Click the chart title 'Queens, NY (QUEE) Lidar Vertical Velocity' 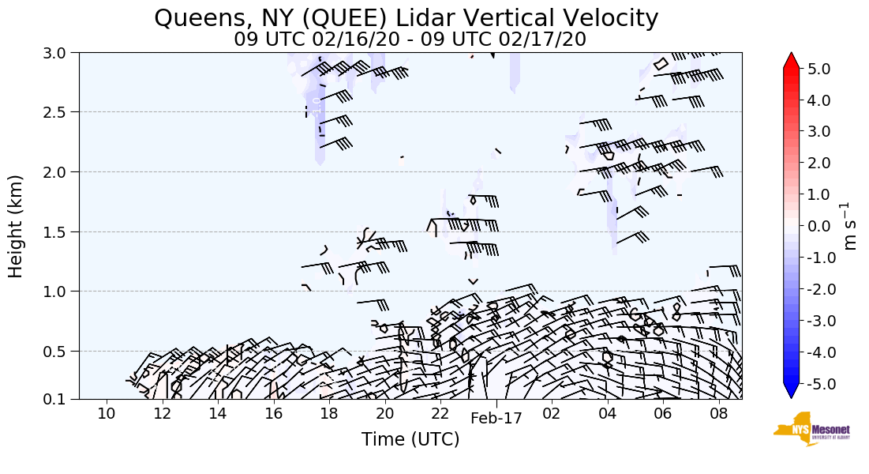point(406,17)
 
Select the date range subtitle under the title point(410,39)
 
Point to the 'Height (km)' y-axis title point(17,226)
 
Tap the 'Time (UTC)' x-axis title point(410,439)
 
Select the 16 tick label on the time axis point(273,414)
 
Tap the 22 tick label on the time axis point(440,414)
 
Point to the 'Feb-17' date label point(496,419)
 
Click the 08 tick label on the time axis point(718,414)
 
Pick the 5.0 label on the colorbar point(819,69)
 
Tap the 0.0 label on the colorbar point(819,227)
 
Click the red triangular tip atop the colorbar point(791,60)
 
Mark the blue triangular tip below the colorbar point(791,392)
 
